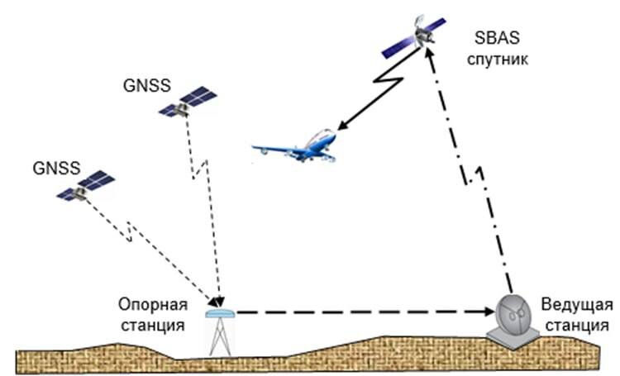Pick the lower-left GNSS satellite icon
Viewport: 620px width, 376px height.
coord(84,186)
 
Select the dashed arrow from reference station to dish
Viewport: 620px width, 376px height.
coord(355,313)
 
